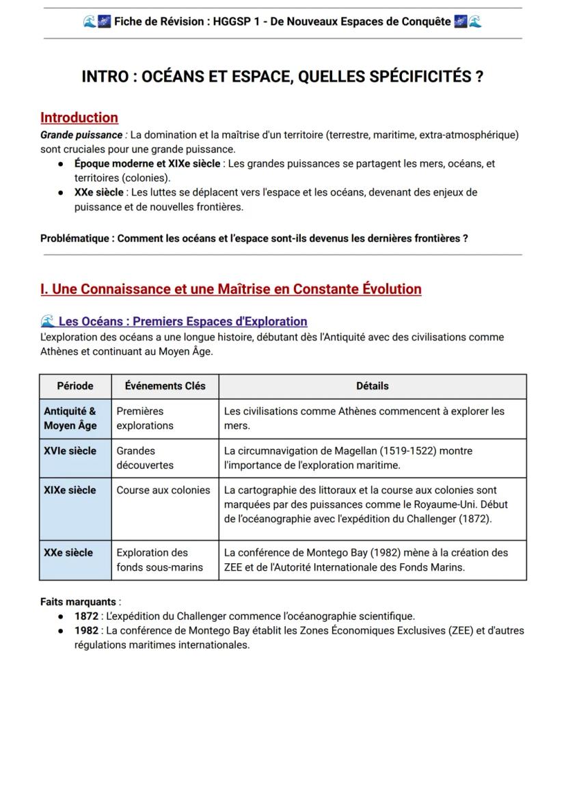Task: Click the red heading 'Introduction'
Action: point(79,118)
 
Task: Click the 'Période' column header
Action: point(75,386)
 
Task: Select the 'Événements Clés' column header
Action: point(165,386)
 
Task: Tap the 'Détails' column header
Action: point(372,386)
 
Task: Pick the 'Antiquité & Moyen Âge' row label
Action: point(70,418)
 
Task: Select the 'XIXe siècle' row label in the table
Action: point(70,490)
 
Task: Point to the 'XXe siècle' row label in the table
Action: point(68,552)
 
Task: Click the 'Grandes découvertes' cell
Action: point(145,458)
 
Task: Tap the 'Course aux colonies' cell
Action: point(163,490)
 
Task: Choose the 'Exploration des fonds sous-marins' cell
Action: point(159,560)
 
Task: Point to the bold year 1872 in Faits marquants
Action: point(86,616)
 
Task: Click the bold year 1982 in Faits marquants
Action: point(86,630)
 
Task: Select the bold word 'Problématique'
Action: point(75,239)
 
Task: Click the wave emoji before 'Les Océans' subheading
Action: point(47,321)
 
